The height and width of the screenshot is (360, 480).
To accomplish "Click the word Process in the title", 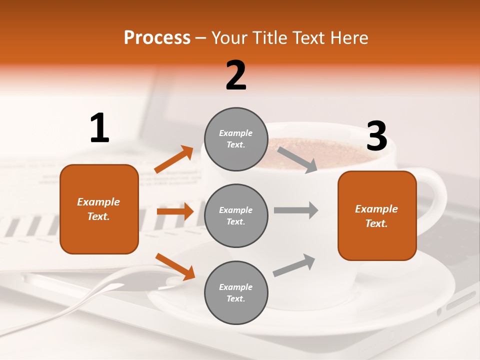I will tap(157, 38).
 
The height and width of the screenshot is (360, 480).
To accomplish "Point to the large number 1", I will tap(99, 128).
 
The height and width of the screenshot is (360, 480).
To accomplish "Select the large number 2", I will tap(236, 75).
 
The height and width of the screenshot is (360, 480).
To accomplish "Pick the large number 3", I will tap(376, 136).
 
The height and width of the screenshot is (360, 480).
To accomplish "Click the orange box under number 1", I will tap(99, 209).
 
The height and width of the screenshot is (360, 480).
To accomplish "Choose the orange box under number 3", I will tap(377, 215).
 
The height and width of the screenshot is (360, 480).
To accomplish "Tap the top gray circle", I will tap(236, 139).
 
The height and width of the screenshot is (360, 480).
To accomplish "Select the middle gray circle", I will tap(236, 215).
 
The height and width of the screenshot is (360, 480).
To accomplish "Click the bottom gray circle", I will tap(236, 292).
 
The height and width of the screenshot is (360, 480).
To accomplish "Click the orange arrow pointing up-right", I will tap(174, 159).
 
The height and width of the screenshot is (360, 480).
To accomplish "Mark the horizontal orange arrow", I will tap(175, 211).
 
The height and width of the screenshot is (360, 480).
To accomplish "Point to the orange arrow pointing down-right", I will tap(175, 266).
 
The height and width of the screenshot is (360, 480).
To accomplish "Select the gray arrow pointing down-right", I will tap(297, 159).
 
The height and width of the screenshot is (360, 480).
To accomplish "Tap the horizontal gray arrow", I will tap(296, 210).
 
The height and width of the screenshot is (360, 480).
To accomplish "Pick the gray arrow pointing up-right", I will tap(294, 265).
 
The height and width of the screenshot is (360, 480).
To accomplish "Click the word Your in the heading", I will tap(229, 38).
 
